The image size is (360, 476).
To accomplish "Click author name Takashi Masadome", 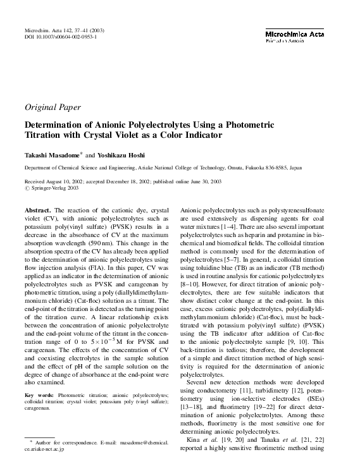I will pos(51,155).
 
